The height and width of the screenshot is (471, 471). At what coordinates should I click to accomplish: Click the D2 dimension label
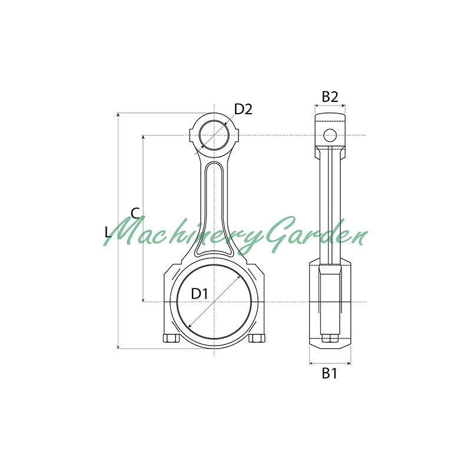pos(243,110)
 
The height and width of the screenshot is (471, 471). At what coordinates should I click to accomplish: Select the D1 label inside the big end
pos(200,293)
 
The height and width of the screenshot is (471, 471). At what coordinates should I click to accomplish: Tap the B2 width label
pos(330,97)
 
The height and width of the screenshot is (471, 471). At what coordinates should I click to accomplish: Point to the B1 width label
pos(330,373)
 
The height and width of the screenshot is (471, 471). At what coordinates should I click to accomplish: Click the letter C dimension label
pos(135,213)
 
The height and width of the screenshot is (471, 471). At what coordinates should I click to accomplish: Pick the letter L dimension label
pos(108,232)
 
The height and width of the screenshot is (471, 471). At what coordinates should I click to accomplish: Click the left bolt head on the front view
pos(171,338)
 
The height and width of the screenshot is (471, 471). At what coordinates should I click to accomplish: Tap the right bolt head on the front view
pos(257,338)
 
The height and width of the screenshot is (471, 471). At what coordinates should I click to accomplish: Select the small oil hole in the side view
pos(330,135)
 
